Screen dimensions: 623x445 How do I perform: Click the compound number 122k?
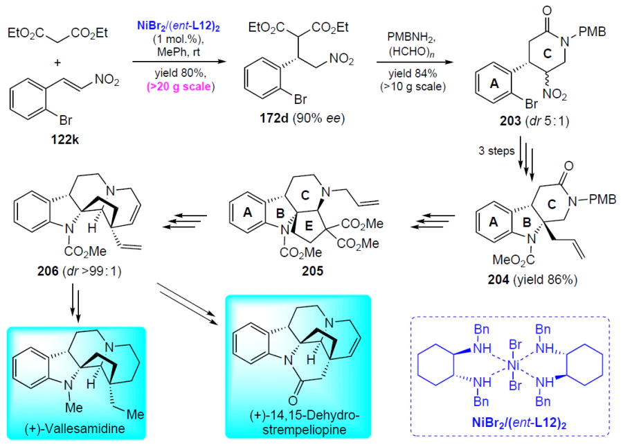(x=65, y=139)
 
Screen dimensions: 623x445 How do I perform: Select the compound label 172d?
(x=273, y=119)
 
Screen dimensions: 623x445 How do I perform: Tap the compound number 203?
(x=510, y=121)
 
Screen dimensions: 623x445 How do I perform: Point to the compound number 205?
(x=312, y=271)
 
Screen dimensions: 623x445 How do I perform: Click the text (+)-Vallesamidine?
(x=75, y=428)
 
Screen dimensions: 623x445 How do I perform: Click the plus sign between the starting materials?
(x=57, y=63)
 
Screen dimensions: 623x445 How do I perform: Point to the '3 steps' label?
(x=496, y=150)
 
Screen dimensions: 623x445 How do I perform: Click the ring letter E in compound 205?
(x=309, y=226)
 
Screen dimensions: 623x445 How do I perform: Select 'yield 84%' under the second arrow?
(x=413, y=73)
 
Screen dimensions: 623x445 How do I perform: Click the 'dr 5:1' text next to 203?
(x=547, y=121)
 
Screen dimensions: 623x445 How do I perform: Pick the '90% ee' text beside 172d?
(x=318, y=119)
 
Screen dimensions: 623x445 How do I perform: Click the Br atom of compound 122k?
(x=66, y=120)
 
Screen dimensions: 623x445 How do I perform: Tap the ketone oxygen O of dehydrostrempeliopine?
(x=294, y=400)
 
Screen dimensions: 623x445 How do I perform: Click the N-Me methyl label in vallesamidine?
(x=73, y=407)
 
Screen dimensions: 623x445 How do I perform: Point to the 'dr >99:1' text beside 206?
(x=92, y=271)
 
